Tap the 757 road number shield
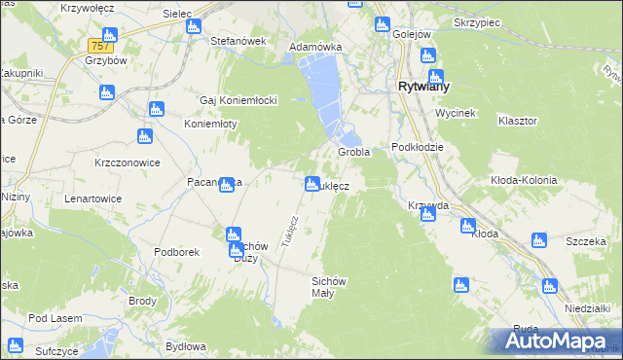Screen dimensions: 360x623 98,46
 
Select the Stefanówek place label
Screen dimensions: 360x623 238,41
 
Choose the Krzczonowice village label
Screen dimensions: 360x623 128,162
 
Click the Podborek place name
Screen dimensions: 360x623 176,251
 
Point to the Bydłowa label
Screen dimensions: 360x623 186,346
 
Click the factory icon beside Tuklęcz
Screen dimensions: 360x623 312,183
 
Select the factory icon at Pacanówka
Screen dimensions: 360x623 227,185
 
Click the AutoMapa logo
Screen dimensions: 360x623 556,342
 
